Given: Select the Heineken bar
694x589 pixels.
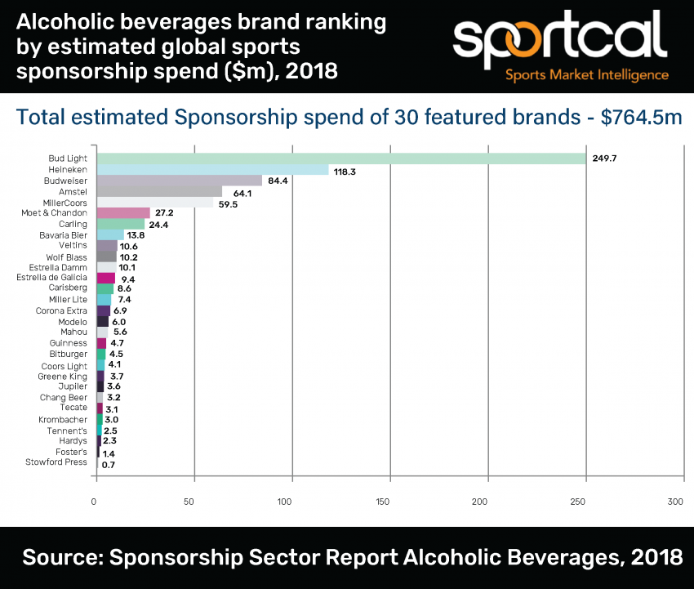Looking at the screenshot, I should tap(212, 170).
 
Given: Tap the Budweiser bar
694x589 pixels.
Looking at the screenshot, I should tap(180, 181).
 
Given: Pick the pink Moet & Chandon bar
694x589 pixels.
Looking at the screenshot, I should tap(123, 213).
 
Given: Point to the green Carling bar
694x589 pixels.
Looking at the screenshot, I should tap(121, 224).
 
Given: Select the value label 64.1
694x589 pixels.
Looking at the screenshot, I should tap(240, 192).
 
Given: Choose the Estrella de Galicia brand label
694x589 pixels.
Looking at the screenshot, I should tap(51, 278).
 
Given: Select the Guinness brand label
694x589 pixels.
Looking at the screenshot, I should tap(69, 343).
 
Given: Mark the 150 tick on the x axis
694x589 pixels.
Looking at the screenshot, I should tap(389, 502).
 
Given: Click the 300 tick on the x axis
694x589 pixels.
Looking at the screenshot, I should tap(674, 502).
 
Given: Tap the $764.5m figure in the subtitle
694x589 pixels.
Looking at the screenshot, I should tap(642, 118).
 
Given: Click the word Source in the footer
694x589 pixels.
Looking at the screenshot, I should tap(60, 558).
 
